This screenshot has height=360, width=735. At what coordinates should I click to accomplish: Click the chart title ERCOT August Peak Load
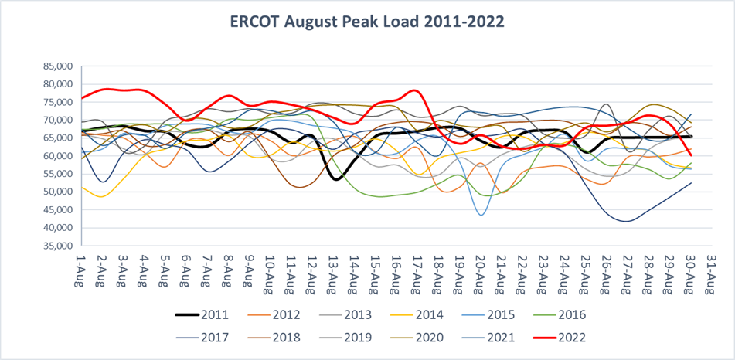(x=367, y=22)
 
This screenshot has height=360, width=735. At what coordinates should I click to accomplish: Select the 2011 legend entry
(x=206, y=315)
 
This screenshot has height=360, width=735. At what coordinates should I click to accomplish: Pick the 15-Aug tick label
(x=374, y=270)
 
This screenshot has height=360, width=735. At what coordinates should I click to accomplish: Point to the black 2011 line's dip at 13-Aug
(x=335, y=179)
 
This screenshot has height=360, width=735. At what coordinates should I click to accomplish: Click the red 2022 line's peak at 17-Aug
(x=417, y=90)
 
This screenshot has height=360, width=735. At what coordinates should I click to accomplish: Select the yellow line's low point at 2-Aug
(x=102, y=196)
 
